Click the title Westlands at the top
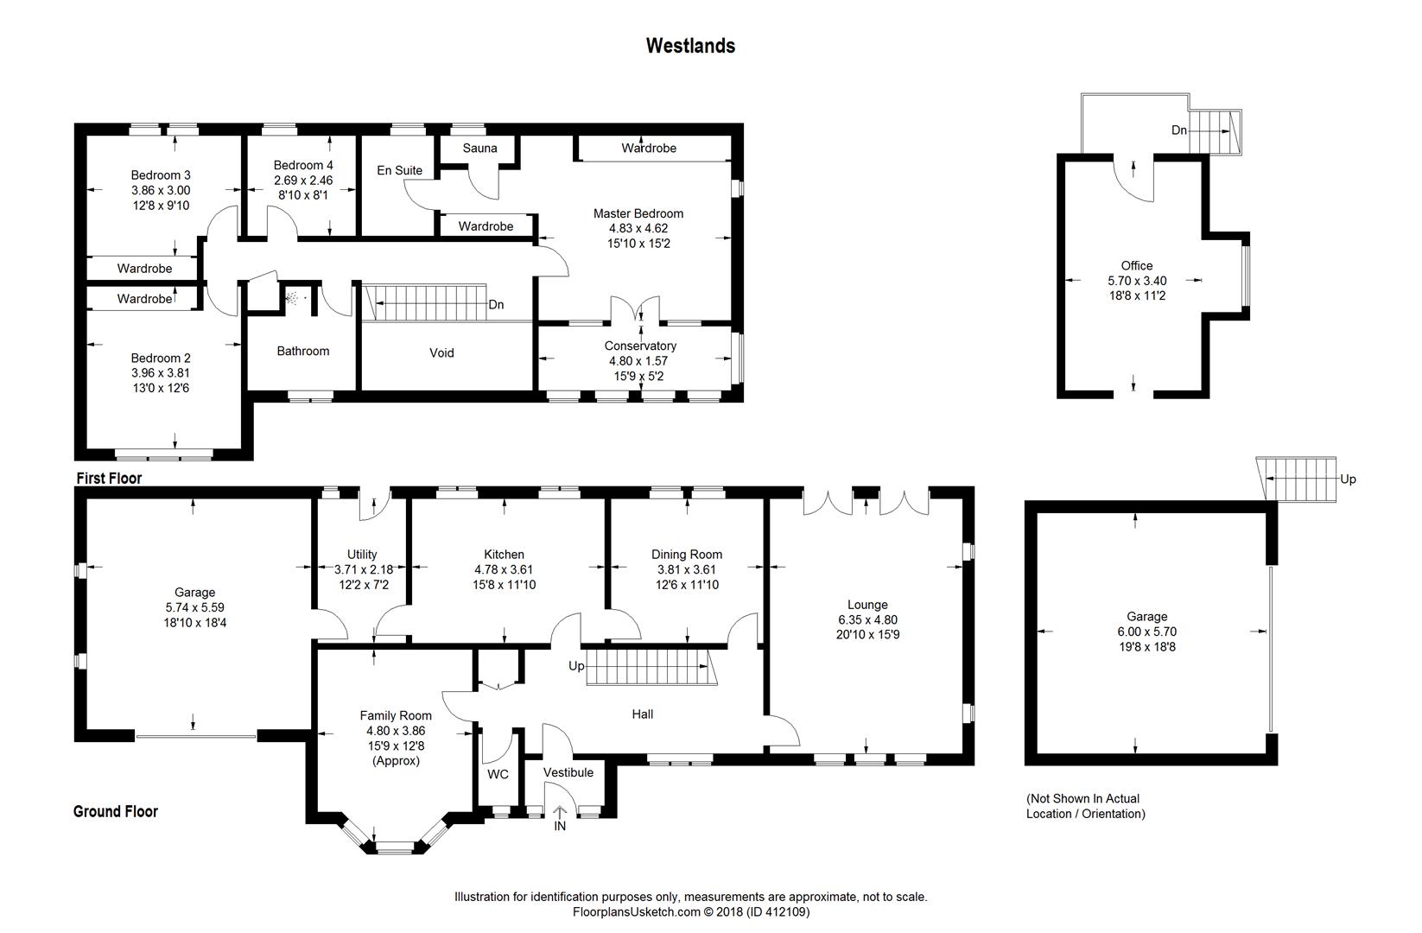coord(690,46)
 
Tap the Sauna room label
coord(479,148)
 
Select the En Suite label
coord(399,170)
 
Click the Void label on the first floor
coord(441,352)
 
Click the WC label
coord(498,774)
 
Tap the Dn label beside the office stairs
coord(1179,130)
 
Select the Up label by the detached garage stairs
coord(1348,479)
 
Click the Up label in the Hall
coord(576,666)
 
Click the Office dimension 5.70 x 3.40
coord(1137,281)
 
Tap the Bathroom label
coord(302,351)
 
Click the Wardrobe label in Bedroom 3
coord(144,269)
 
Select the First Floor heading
coord(109,478)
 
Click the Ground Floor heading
coord(115,811)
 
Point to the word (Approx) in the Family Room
coord(396,760)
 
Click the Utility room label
coord(362,555)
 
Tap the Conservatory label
coord(640,346)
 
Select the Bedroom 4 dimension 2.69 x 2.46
coord(303,181)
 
